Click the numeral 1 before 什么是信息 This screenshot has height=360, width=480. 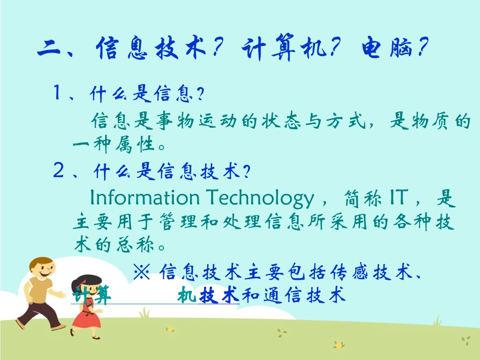pyautogui.click(x=58, y=93)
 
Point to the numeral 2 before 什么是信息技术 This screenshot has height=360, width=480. pyautogui.click(x=58, y=172)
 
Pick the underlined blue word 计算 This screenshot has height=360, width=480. pyautogui.click(x=91, y=295)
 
